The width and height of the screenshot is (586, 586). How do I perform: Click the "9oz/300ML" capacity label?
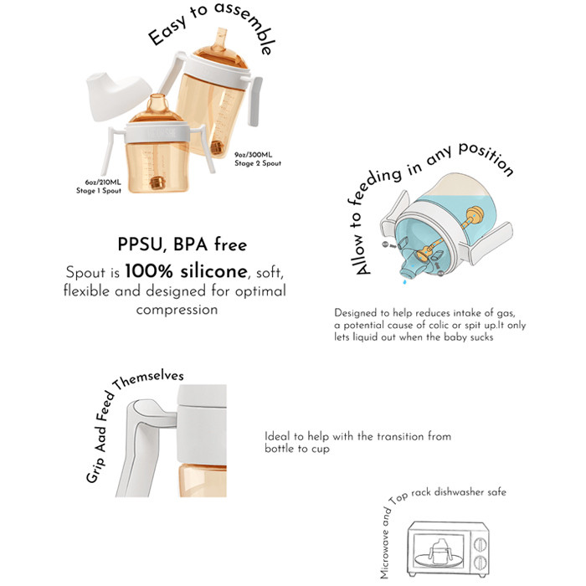[x=253, y=155]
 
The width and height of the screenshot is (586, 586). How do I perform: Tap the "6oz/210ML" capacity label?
[x=103, y=182]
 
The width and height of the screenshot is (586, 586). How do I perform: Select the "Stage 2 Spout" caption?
[x=258, y=163]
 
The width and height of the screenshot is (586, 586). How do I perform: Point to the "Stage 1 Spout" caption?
[x=99, y=191]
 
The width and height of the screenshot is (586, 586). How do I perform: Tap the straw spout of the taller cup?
[x=221, y=39]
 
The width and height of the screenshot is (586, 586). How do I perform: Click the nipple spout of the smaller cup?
[x=157, y=103]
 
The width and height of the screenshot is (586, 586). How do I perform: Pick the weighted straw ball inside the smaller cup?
[x=157, y=182]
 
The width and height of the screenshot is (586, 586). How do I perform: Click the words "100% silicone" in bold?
[x=186, y=271]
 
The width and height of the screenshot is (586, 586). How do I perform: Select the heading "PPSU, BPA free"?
[x=182, y=244]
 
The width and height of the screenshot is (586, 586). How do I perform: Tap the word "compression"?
[x=177, y=310]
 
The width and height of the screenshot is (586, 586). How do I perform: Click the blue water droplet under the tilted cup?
[x=404, y=281]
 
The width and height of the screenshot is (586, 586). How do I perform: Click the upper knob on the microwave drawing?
[x=480, y=544]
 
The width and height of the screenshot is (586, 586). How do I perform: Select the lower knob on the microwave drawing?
[x=480, y=563]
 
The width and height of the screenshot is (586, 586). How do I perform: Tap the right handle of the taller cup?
[x=254, y=100]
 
